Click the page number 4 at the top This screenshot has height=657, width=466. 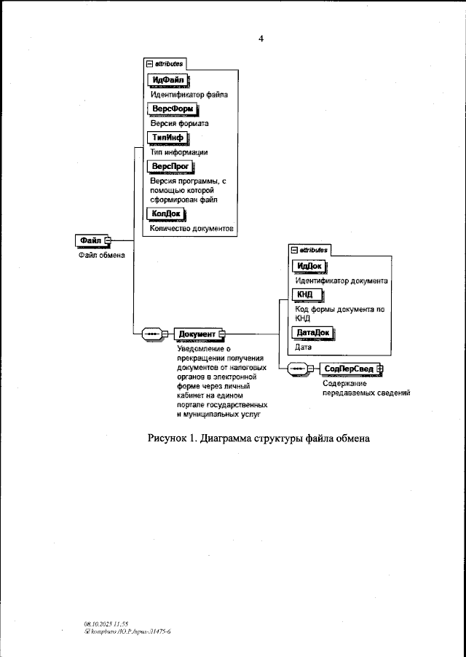260,39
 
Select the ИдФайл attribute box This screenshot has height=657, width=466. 168,79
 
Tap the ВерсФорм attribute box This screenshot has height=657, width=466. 172,109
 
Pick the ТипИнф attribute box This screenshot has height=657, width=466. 167,137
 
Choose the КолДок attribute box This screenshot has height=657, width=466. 166,213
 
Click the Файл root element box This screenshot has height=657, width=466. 90,240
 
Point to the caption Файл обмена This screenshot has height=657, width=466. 102,255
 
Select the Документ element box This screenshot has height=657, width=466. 197,334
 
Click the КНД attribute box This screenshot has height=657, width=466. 305,294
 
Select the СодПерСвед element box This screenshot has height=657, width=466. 349,369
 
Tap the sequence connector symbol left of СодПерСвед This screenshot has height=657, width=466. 299,369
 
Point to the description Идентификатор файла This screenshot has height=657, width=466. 189,95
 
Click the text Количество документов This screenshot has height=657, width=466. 191,228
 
